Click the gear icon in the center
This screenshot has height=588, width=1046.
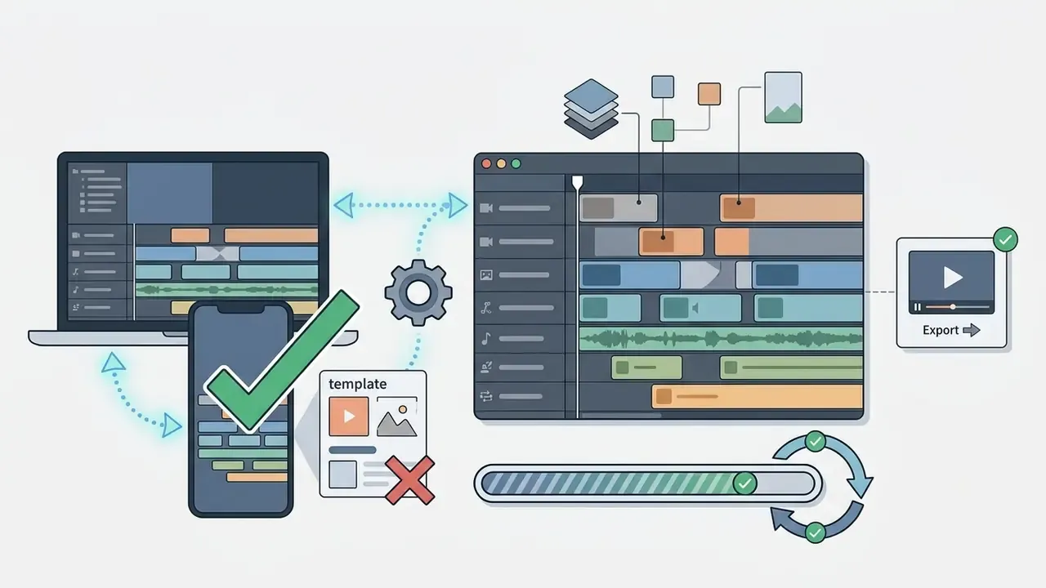tap(418, 292)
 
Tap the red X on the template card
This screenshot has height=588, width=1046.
tap(410, 480)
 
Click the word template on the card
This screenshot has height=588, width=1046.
tap(358, 384)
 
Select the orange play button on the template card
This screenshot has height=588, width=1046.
tap(348, 416)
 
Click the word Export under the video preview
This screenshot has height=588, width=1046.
tap(941, 331)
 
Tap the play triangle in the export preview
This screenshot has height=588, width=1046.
tap(953, 278)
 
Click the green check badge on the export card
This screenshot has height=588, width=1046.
tap(1005, 240)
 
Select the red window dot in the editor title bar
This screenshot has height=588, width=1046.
tap(486, 164)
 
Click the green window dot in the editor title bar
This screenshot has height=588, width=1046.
tap(516, 164)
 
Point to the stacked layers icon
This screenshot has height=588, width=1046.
tap(591, 109)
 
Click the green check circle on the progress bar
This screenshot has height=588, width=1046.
tap(744, 483)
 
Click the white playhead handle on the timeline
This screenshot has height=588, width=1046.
tap(578, 182)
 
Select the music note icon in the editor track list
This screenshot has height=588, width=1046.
tap(486, 339)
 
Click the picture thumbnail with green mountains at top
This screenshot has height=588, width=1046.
tap(783, 97)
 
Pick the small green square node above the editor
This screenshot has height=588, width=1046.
tap(663, 130)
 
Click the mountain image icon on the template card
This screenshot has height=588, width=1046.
tap(396, 417)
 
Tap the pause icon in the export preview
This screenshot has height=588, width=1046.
tap(918, 307)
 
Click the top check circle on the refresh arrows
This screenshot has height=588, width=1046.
tap(816, 442)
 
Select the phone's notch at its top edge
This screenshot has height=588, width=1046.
tap(241, 309)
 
